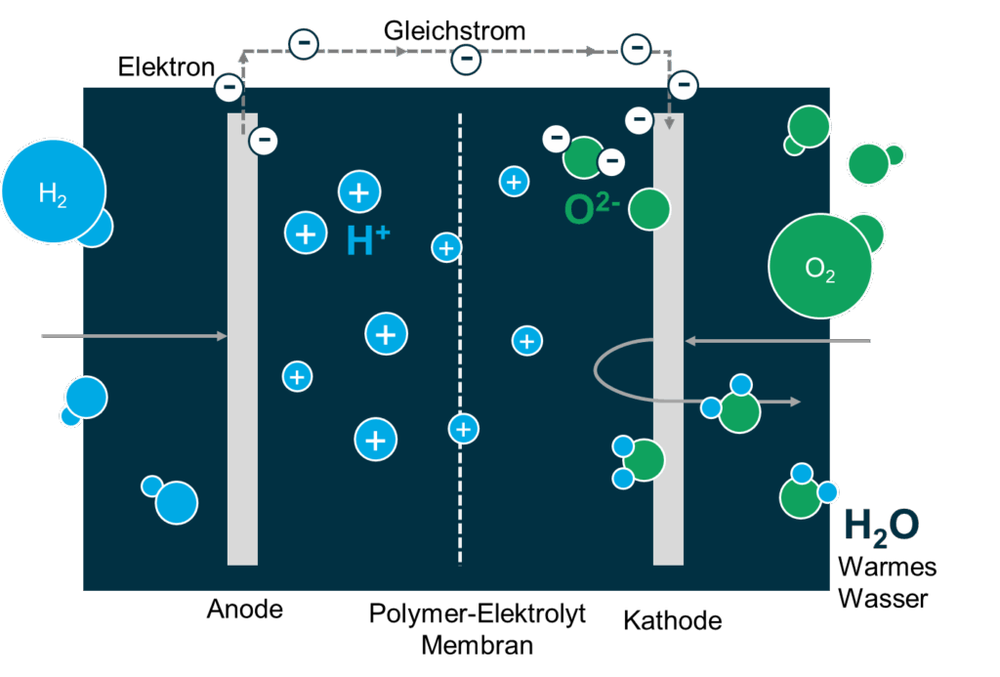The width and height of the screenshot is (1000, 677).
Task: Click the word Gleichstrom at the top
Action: click(x=454, y=31)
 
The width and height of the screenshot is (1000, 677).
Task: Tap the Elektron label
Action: click(x=166, y=67)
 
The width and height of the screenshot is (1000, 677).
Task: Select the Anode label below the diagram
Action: click(x=244, y=611)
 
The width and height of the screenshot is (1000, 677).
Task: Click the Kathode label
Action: click(x=673, y=620)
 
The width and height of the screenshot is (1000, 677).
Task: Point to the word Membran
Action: click(x=478, y=645)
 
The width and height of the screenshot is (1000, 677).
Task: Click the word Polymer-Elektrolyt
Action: click(x=478, y=614)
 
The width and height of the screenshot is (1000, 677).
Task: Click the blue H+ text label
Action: click(x=368, y=240)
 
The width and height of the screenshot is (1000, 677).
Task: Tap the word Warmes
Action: click(x=887, y=567)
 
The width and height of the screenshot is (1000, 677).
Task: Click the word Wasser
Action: click(x=883, y=598)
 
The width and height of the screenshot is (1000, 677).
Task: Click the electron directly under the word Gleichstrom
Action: click(x=466, y=60)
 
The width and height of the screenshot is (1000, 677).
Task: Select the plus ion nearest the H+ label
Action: click(x=307, y=233)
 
